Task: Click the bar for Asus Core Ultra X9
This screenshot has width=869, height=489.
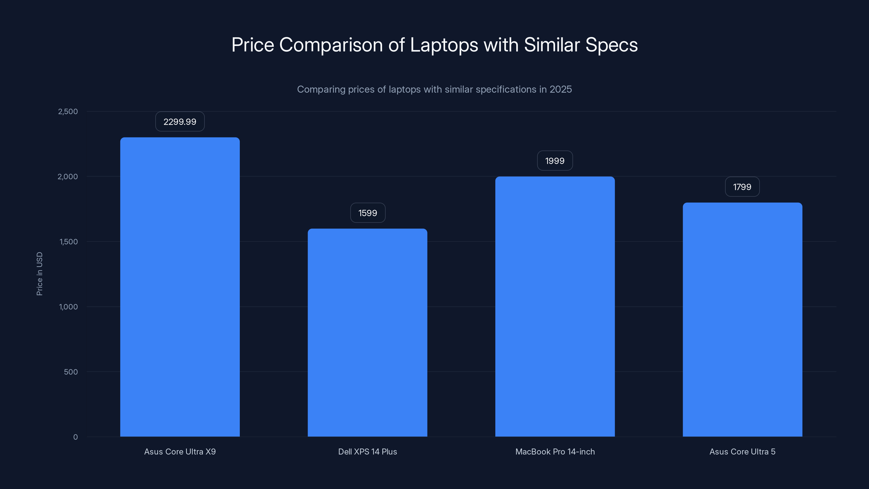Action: pyautogui.click(x=180, y=287)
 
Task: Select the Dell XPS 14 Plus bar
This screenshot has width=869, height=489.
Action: pyautogui.click(x=367, y=333)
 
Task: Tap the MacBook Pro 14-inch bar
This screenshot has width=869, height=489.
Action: pyautogui.click(x=555, y=306)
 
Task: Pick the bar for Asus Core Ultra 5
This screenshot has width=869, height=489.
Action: pyautogui.click(x=742, y=319)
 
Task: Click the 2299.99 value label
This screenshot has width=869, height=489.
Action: pyautogui.click(x=180, y=121)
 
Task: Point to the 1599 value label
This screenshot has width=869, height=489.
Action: pyautogui.click(x=368, y=213)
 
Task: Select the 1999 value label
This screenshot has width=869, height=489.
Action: pyautogui.click(x=555, y=161)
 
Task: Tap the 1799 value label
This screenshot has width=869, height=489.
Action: pyautogui.click(x=742, y=187)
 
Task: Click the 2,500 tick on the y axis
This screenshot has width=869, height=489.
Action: pyautogui.click(x=68, y=111)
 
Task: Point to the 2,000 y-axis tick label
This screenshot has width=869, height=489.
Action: pyautogui.click(x=68, y=177)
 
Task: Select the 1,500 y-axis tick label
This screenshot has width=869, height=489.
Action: pyautogui.click(x=68, y=242)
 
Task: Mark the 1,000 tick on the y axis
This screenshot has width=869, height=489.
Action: pyautogui.click(x=68, y=307)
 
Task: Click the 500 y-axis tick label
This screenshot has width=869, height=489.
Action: pyautogui.click(x=71, y=372)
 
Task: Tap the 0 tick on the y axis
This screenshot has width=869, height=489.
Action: pyautogui.click(x=75, y=437)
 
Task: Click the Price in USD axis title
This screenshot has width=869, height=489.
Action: pyautogui.click(x=39, y=274)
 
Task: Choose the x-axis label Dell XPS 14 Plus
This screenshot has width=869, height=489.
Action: pyautogui.click(x=367, y=452)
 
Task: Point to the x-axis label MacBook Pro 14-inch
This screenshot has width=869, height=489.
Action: pyautogui.click(x=555, y=452)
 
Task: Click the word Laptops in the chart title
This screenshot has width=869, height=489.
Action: pyautogui.click(x=444, y=45)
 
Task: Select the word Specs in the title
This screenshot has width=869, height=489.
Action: pyautogui.click(x=611, y=45)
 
